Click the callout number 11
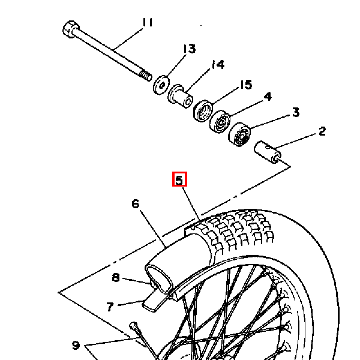[x=148, y=23]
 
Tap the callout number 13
[x=190, y=49]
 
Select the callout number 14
[x=218, y=65]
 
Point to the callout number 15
[x=246, y=85]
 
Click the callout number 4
[x=268, y=97]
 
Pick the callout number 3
[x=296, y=112]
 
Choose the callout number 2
[x=322, y=131]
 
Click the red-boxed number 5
[x=179, y=179]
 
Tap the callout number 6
[x=136, y=203]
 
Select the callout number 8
[x=116, y=277]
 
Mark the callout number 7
[x=110, y=307]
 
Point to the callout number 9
[x=76, y=345]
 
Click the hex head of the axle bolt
[x=71, y=29]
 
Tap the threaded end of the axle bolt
[x=146, y=76]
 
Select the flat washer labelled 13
[x=161, y=85]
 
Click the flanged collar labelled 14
[x=180, y=97]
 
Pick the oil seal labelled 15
[x=203, y=110]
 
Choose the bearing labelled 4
[x=220, y=121]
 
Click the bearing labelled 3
[x=239, y=134]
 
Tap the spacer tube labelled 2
[x=268, y=152]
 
